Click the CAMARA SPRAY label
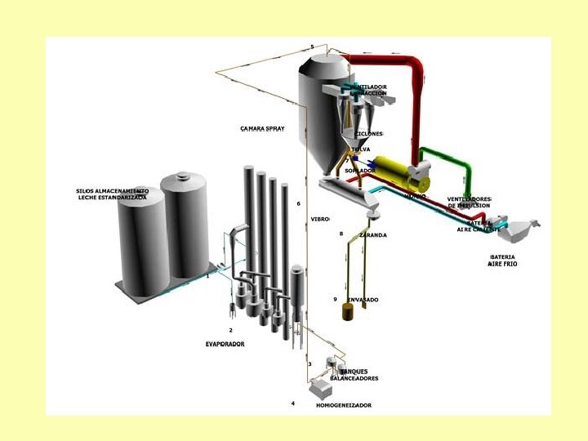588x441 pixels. [x=262, y=128]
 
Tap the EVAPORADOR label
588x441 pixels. [x=225, y=344]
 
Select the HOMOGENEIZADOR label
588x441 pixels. [x=343, y=405]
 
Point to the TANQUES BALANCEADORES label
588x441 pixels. [x=359, y=375]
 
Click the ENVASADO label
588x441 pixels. [x=363, y=300]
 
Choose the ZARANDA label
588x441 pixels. [x=372, y=234]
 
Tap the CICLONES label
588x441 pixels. [x=368, y=133]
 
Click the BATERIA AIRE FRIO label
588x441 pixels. [x=503, y=261]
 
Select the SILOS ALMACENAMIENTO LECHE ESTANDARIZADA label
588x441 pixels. [x=113, y=194]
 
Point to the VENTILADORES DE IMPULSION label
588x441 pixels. [x=469, y=203]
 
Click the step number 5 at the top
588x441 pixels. [x=312, y=47]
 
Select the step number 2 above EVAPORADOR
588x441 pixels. [x=230, y=330]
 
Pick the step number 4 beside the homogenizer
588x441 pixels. [x=293, y=403]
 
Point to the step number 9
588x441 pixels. [x=335, y=300]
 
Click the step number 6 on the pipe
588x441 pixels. [x=299, y=203]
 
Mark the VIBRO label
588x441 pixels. [x=319, y=219]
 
